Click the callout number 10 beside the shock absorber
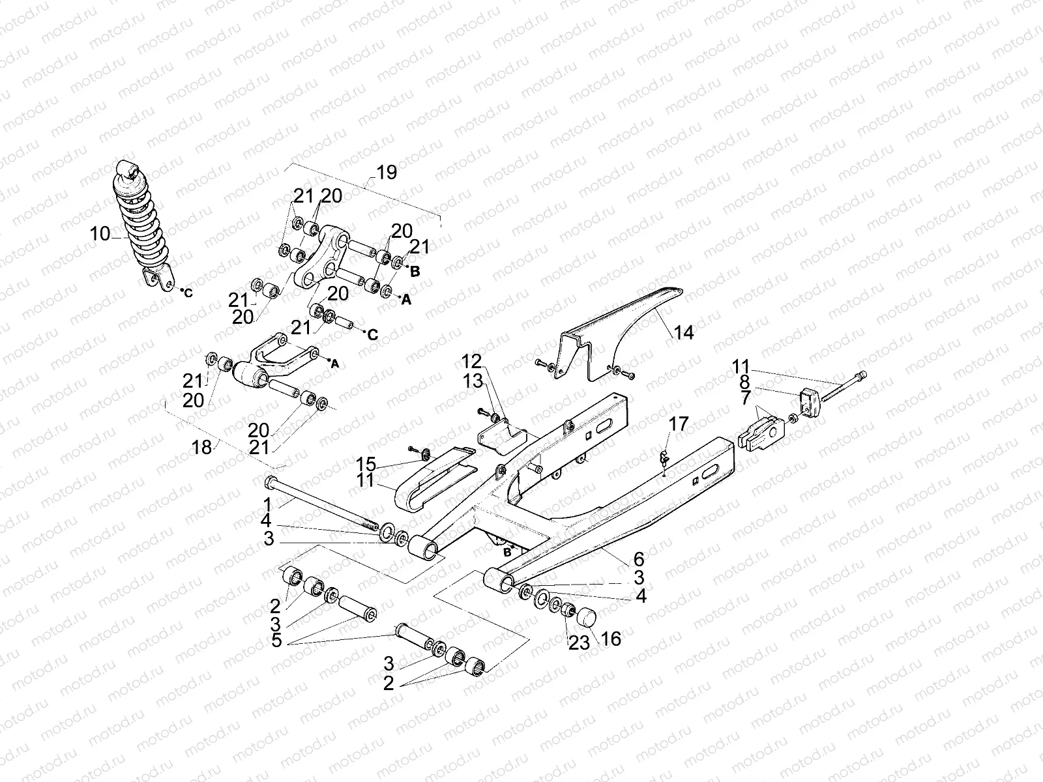pos(100,233)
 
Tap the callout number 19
pos(386,173)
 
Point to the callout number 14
pos(683,333)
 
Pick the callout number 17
pos(678,425)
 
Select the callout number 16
pos(611,638)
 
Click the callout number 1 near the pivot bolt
pos(267,503)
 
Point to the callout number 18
pos(202,448)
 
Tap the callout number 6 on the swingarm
pos(639,558)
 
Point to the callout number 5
pos(276,641)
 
